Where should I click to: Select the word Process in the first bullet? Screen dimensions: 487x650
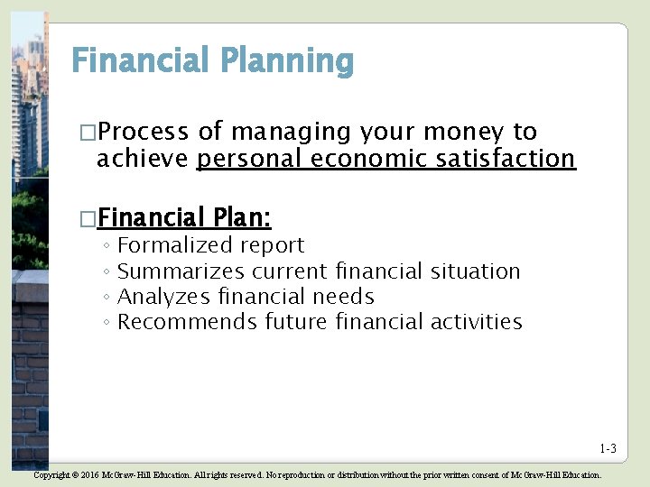[144, 133]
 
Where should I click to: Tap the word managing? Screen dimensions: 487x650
[291, 133]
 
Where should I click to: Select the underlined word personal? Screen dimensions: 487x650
[248, 160]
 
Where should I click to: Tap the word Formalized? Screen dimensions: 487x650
[175, 245]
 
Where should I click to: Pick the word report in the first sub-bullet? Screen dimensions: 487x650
[272, 245]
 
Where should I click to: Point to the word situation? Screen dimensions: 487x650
[475, 271]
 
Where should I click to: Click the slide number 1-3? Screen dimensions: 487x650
[608, 449]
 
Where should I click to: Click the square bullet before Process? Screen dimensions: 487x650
[87, 133]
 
